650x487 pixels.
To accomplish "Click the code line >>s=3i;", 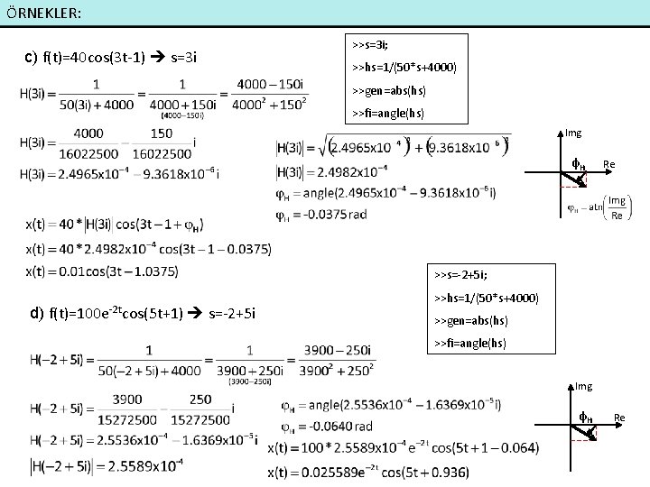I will [371, 43].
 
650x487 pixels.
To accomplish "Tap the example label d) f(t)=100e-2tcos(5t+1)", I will [144, 313].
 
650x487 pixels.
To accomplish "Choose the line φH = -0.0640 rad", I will [326, 426].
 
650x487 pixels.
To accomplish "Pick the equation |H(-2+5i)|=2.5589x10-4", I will [107, 465].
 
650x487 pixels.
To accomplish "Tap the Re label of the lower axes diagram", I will [619, 417].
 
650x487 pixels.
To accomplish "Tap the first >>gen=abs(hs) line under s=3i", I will [389, 90].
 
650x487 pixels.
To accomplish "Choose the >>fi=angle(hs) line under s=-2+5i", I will [470, 344].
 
